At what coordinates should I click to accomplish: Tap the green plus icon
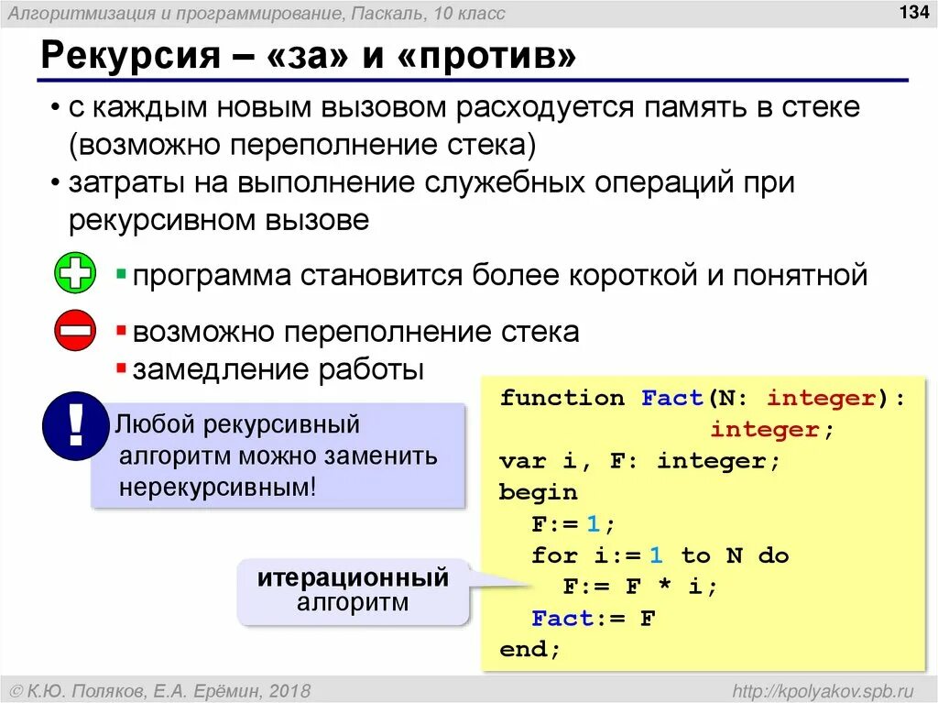75,273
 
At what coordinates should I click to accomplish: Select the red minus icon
75,330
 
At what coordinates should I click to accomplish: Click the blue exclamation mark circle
76,425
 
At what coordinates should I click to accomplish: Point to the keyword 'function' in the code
562,398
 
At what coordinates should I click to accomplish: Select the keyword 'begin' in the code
538,492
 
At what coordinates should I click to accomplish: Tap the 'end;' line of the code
529,649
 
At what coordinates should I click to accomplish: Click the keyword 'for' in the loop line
554,555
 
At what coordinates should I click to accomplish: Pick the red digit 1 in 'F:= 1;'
593,524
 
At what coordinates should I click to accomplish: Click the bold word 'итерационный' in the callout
353,578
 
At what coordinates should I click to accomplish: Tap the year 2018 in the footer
290,689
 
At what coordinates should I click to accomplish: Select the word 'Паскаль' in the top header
382,14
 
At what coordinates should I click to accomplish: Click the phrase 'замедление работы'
278,370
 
